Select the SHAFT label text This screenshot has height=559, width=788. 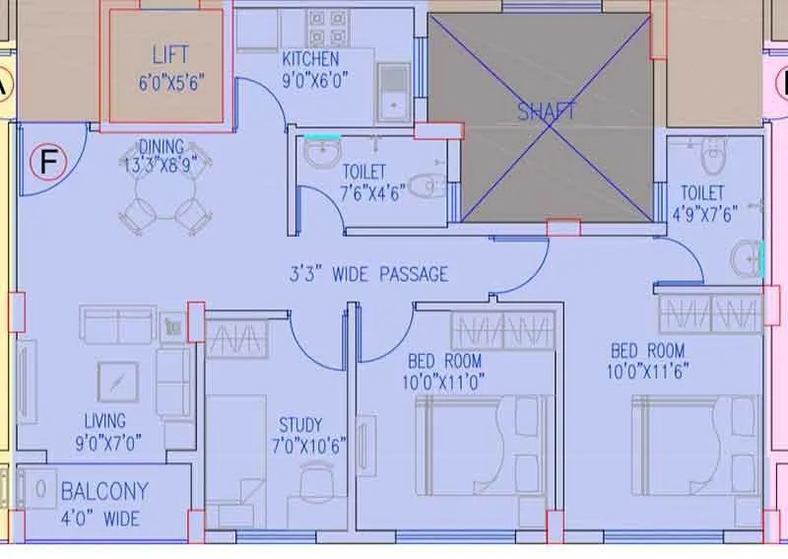pos(547,111)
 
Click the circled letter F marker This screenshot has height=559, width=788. pos(45,162)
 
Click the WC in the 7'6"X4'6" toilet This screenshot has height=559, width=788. pos(424,184)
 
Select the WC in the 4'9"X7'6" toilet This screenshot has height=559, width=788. pos(709,155)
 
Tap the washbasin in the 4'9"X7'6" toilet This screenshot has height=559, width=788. pos(747,260)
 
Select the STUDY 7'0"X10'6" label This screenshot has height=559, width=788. pos(299,435)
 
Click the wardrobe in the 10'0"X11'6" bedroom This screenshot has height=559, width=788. pos(709,314)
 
